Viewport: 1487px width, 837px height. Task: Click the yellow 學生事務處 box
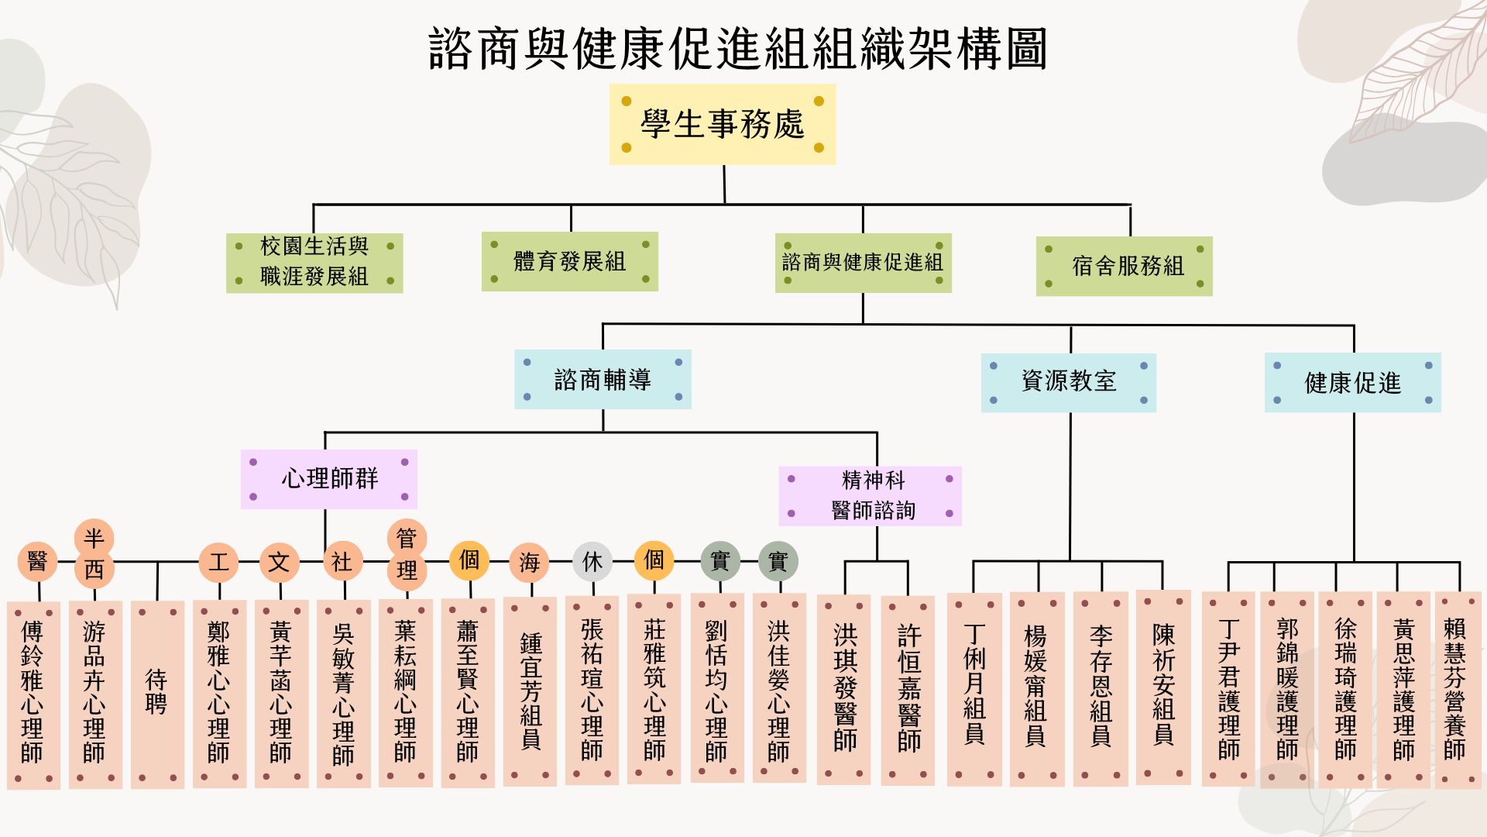pyautogui.click(x=723, y=124)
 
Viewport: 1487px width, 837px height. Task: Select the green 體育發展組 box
pyautogui.click(x=570, y=261)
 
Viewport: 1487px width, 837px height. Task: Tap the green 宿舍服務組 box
pyautogui.click(x=1125, y=266)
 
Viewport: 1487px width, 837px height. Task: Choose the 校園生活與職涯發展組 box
pyautogui.click(x=314, y=263)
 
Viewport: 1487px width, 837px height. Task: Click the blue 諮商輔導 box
pyautogui.click(x=603, y=379)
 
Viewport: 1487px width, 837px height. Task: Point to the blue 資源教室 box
pyautogui.click(x=1069, y=383)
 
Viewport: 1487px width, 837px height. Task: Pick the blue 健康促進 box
pyautogui.click(x=1353, y=383)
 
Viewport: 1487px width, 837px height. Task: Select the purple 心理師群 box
pyautogui.click(x=329, y=479)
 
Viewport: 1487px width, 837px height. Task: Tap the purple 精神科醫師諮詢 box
pyautogui.click(x=871, y=496)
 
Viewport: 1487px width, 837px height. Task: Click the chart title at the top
pyautogui.click(x=738, y=48)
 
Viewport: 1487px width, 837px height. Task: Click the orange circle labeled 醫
pyautogui.click(x=37, y=561)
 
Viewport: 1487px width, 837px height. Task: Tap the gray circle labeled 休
pyautogui.click(x=592, y=562)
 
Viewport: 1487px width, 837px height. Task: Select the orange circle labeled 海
pyautogui.click(x=530, y=563)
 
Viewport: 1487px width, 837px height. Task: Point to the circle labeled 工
pyautogui.click(x=218, y=562)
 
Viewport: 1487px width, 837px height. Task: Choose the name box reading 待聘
pyautogui.click(x=157, y=694)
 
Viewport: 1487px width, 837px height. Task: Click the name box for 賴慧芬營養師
pyautogui.click(x=1458, y=690)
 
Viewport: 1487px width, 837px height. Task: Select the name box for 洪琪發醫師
pyautogui.click(x=844, y=689)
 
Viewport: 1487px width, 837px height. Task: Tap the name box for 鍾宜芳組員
pyautogui.click(x=530, y=691)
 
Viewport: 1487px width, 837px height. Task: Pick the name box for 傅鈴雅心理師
pyautogui.click(x=33, y=695)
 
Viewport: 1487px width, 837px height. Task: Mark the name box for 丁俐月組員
pyautogui.click(x=974, y=690)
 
